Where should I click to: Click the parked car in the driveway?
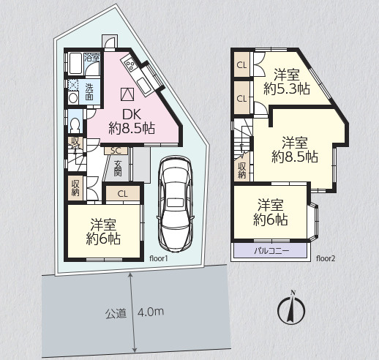pos(176,206)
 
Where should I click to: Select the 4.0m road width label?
pos(151,312)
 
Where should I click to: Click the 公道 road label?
pos(116,313)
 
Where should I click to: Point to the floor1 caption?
pos(159,258)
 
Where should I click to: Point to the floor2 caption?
pos(326,258)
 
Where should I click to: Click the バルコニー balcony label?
pos(271,251)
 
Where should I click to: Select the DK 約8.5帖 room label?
pos(132,121)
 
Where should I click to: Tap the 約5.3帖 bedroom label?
pos(287,89)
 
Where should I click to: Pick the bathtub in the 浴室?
pos(75,64)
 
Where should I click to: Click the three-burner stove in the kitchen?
pos(130,64)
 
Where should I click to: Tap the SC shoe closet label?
pos(116,151)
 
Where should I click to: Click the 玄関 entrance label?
pos(118,168)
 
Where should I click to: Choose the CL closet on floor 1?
pos(123,194)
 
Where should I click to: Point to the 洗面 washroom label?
pos(89,92)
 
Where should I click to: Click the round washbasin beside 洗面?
pos(73,99)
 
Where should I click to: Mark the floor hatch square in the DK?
pos(127,94)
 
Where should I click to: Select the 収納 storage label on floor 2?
pos(241,170)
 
